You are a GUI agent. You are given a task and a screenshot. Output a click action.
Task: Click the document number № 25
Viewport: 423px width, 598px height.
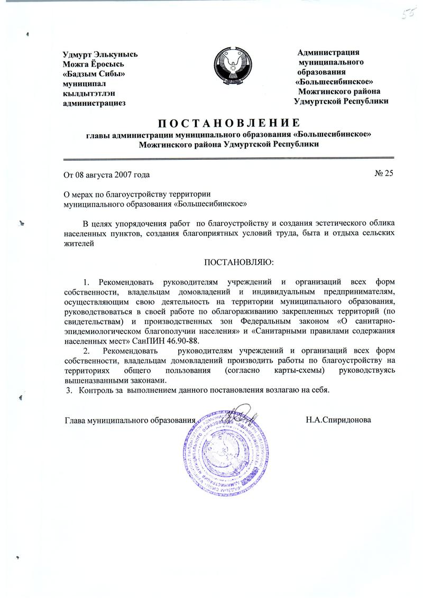pyautogui.click(x=384, y=173)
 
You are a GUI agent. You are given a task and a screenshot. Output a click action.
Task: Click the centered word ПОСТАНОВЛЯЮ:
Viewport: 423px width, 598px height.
pyautogui.click(x=239, y=262)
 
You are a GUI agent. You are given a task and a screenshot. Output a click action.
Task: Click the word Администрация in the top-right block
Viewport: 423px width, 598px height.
pyautogui.click(x=329, y=52)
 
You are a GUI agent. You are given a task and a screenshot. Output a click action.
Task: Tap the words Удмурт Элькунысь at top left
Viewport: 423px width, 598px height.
pyautogui.click(x=100, y=54)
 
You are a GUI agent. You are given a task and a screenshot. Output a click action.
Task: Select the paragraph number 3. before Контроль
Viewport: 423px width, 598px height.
pyautogui.click(x=68, y=391)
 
